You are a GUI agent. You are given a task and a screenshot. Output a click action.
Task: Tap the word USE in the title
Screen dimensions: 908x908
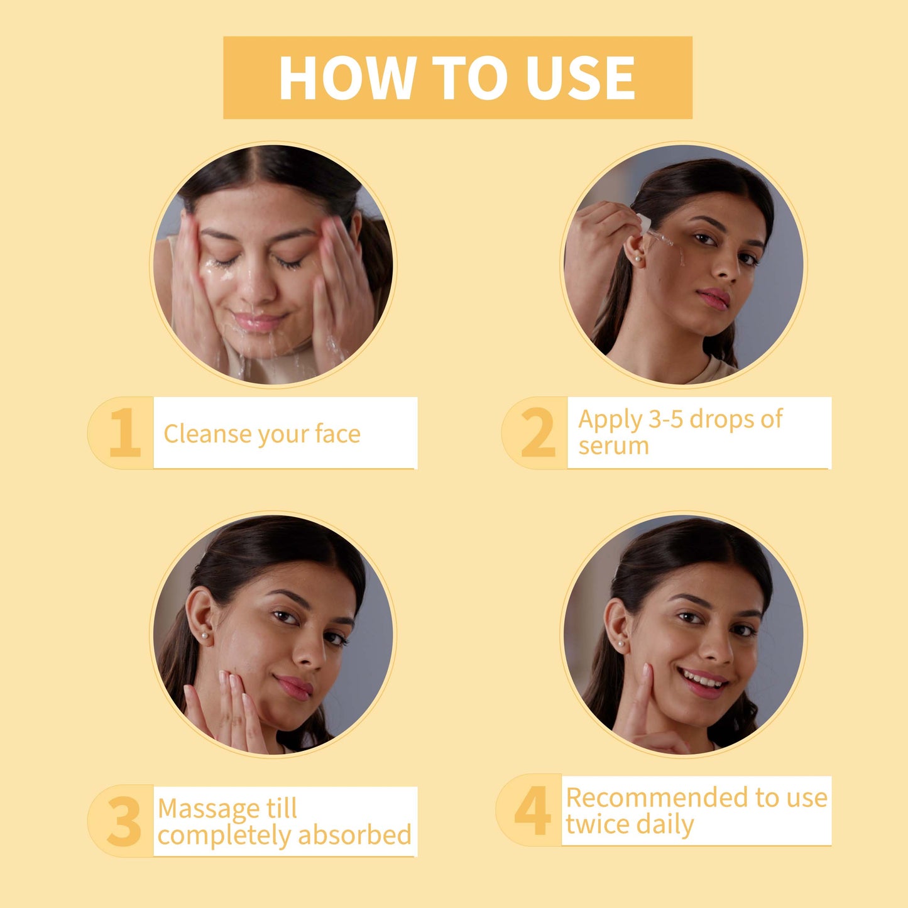(x=581, y=77)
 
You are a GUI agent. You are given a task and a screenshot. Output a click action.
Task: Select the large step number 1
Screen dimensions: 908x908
(x=125, y=432)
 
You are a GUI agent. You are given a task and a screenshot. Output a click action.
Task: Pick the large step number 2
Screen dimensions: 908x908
(x=538, y=432)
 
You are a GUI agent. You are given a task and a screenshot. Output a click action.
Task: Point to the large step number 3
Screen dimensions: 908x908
(x=124, y=821)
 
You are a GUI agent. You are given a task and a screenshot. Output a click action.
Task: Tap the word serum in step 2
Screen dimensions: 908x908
(x=613, y=446)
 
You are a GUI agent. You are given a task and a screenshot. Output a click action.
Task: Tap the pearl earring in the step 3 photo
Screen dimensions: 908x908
(x=204, y=636)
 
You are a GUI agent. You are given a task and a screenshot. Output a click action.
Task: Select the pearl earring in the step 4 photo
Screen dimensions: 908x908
(x=621, y=643)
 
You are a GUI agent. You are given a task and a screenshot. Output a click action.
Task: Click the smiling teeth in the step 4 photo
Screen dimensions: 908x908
(x=701, y=679)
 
